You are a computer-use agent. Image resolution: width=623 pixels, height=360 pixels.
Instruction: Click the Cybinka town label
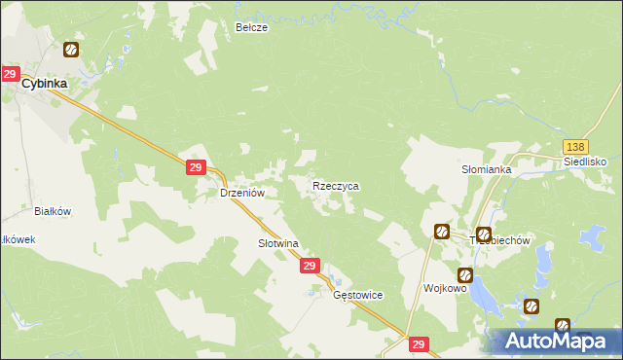(x=46, y=84)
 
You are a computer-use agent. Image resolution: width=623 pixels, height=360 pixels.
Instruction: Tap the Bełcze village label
(x=251, y=28)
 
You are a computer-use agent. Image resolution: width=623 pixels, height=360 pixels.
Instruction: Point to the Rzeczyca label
(x=336, y=185)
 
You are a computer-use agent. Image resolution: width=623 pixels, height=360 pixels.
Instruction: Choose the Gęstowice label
(x=357, y=295)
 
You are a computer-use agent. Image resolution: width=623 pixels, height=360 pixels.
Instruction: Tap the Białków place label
(x=54, y=210)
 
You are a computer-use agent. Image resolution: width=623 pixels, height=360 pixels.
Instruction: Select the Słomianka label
(x=487, y=169)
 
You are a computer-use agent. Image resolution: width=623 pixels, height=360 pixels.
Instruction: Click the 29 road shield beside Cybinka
(x=11, y=74)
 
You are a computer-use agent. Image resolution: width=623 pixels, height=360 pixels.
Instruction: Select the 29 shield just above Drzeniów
(x=195, y=168)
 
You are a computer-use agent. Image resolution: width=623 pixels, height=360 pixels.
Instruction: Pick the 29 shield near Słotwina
(x=310, y=266)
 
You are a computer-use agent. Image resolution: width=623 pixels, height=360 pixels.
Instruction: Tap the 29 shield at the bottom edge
(x=419, y=344)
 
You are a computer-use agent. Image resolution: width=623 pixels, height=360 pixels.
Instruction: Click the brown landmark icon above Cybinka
(x=71, y=50)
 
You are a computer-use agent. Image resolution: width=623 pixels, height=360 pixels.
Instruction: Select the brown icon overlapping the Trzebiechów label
(x=484, y=233)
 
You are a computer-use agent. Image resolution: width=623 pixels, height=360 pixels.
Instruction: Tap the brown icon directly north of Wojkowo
(x=441, y=231)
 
